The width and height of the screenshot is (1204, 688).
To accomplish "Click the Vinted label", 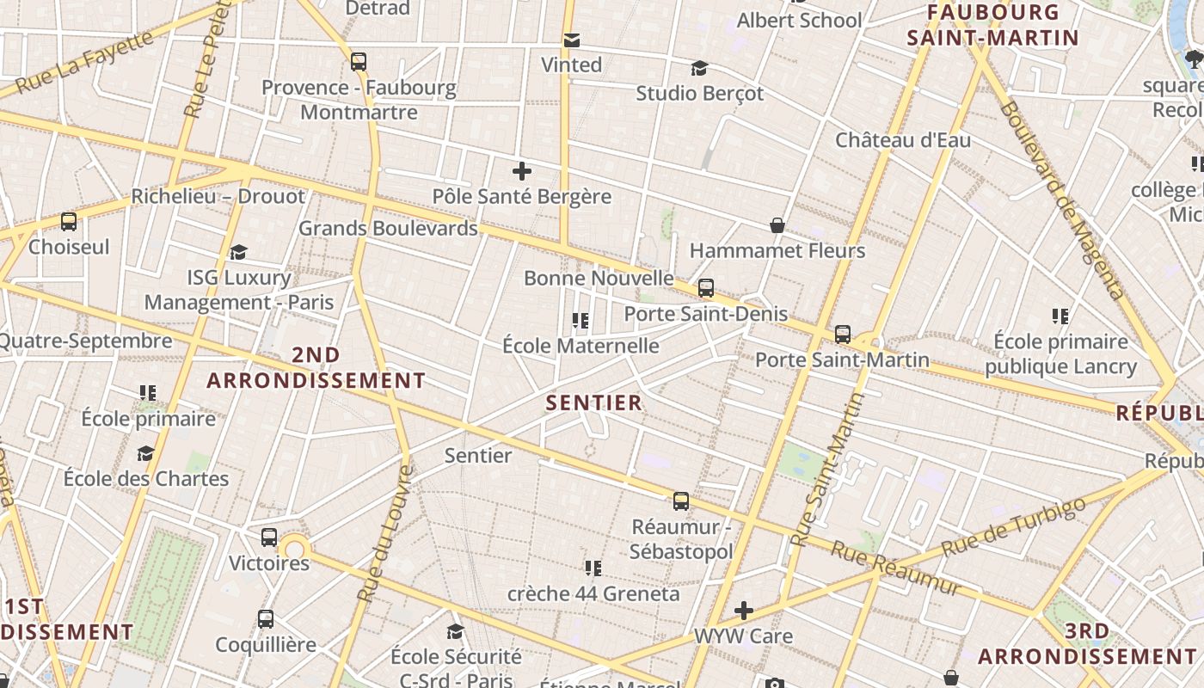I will coord(571,64).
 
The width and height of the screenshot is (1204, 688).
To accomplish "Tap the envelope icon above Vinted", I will coord(571,40).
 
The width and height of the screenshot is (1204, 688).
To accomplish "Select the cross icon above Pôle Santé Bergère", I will coord(521,171).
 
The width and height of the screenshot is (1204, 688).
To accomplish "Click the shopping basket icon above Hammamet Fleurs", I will coord(777,225).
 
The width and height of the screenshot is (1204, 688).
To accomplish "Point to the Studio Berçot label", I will coord(699,93).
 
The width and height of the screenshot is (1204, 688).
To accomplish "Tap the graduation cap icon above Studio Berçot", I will coord(699,68).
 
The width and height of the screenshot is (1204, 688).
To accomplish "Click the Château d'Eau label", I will coord(903,140).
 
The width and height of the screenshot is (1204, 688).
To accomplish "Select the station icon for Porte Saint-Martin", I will coord(843,335).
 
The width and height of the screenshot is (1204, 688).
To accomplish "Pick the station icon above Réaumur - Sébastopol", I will coord(681,501).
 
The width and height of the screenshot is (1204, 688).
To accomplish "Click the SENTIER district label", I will coord(594,402).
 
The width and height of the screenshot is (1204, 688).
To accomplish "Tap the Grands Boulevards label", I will coord(388,229).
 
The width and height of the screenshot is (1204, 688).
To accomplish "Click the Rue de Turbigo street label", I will coord(1013,525).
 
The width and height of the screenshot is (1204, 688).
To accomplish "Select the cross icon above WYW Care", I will coord(744,611).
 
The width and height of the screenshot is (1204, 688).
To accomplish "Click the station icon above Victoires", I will coord(269,537).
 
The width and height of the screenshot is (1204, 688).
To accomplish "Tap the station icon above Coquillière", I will coord(266,619).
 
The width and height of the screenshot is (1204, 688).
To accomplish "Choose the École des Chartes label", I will coord(146,478).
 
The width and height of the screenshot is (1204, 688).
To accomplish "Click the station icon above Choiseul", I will coord(69,222).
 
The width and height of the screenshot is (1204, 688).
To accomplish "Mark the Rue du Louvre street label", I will coord(385,533).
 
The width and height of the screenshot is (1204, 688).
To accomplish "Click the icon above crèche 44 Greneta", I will coord(593,568).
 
